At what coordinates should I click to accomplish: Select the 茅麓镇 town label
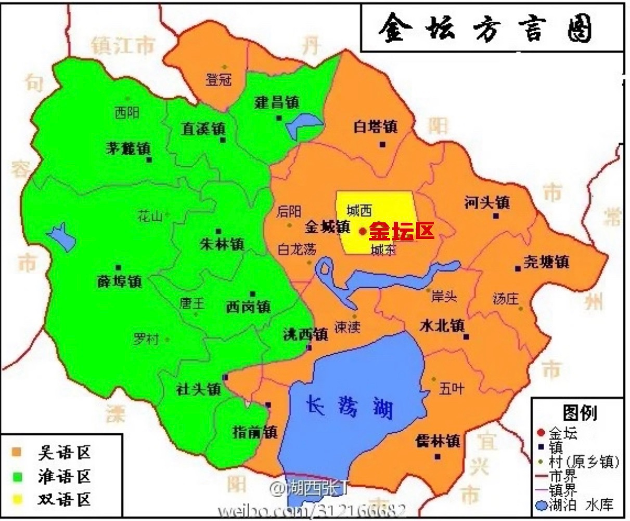[127, 149]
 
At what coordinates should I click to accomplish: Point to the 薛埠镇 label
[119, 281]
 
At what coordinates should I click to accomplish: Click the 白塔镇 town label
[375, 126]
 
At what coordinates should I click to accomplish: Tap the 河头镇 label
[487, 202]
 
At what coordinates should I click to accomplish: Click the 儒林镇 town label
[438, 441]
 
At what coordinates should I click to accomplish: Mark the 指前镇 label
[255, 431]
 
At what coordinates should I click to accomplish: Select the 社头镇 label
[198, 389]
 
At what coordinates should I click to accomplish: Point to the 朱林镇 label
[222, 244]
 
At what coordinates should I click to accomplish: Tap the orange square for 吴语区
[18, 452]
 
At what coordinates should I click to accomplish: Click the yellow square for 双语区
[18, 500]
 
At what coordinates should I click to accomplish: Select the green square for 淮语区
[18, 476]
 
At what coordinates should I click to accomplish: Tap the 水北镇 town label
[442, 325]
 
